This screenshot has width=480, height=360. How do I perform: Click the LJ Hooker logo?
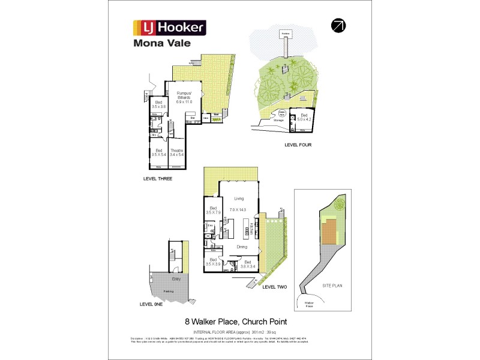[169, 27]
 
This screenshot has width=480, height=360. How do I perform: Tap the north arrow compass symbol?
[338, 25]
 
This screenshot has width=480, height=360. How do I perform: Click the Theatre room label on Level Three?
[176, 152]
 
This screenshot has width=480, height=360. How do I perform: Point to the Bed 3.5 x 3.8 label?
[158, 104]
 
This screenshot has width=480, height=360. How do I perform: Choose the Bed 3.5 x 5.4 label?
[158, 152]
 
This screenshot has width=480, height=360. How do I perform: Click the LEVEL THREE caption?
[158, 179]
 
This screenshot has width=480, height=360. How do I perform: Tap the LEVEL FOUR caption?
[298, 145]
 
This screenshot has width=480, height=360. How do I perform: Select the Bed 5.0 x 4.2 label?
[304, 117]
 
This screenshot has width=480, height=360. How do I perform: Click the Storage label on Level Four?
[278, 121]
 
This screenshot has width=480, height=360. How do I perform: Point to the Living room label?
[239, 198]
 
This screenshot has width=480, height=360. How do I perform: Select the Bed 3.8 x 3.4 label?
[248, 263]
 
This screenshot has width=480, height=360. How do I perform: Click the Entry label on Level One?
[176, 279]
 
